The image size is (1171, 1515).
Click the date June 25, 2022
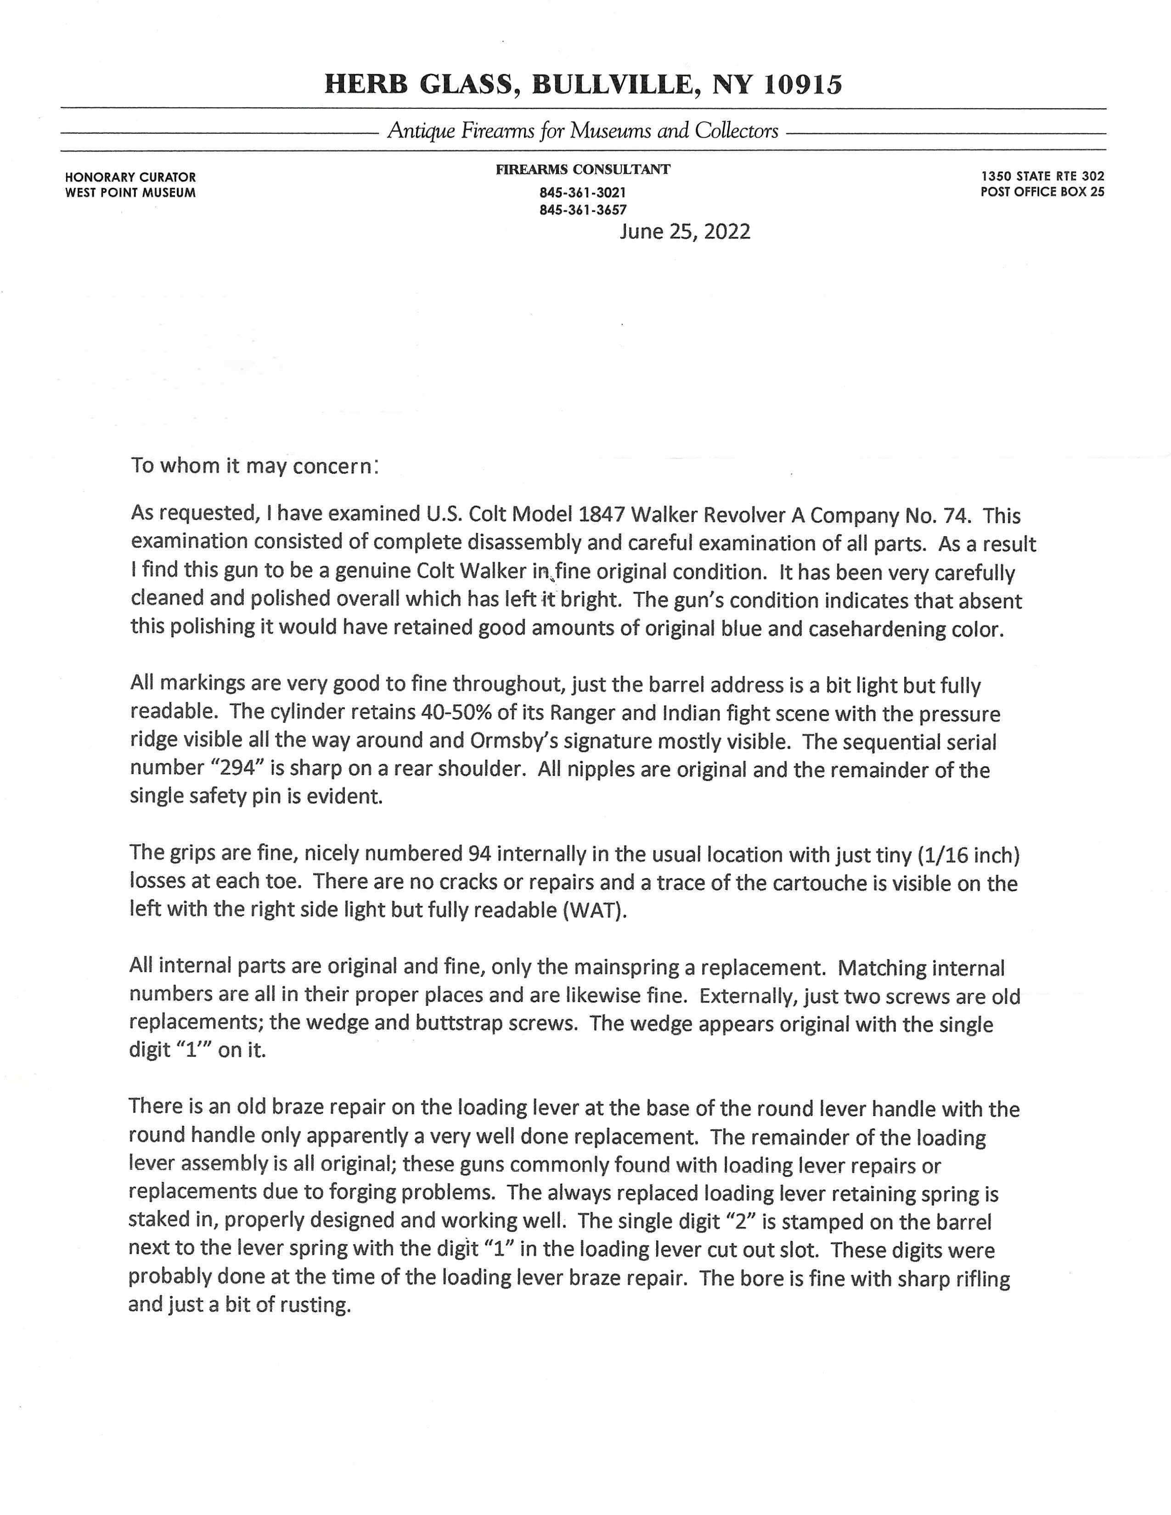(x=685, y=232)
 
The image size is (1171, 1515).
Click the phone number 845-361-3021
(x=583, y=192)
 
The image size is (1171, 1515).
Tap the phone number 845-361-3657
(x=583, y=209)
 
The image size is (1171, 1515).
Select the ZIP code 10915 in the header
(x=803, y=84)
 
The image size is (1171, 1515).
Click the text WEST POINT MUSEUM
(x=130, y=193)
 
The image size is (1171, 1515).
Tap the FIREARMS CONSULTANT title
(x=583, y=169)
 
